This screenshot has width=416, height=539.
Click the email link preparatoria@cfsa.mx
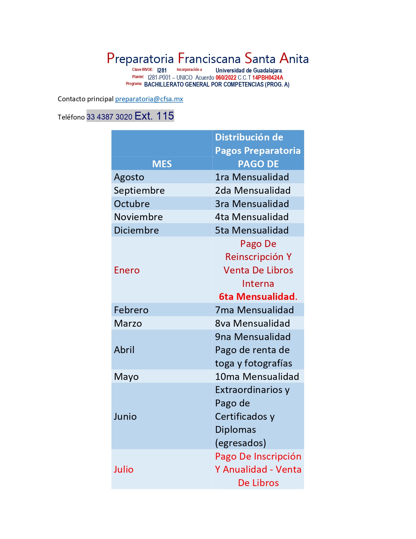pos(149,99)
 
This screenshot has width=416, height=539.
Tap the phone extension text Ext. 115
pos(154,116)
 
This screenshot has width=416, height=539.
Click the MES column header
pos(162,164)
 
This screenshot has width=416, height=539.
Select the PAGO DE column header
pos(258,164)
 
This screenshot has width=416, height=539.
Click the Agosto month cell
pos(129,177)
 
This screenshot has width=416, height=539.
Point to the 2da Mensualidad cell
pos(253,190)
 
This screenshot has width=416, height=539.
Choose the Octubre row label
pos(132,204)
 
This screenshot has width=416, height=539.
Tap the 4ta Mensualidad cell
pos(252,217)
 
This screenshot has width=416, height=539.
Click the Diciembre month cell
pos(136,230)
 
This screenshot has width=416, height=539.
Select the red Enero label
pos(127,270)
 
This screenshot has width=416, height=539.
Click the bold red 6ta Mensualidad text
pos(258,297)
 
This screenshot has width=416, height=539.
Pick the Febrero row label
pos(131,310)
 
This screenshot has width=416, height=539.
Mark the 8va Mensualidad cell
pos(252,323)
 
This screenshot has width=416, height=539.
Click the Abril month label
pos(124,350)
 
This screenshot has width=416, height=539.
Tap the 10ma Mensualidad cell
pos(257,377)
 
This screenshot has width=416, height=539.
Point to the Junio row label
pos(125,416)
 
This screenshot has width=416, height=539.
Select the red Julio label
pos(123,469)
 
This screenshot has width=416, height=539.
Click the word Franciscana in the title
pos(209,59)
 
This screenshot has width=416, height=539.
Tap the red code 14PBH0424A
pos(268,78)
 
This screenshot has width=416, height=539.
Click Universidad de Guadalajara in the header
pos(249,71)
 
